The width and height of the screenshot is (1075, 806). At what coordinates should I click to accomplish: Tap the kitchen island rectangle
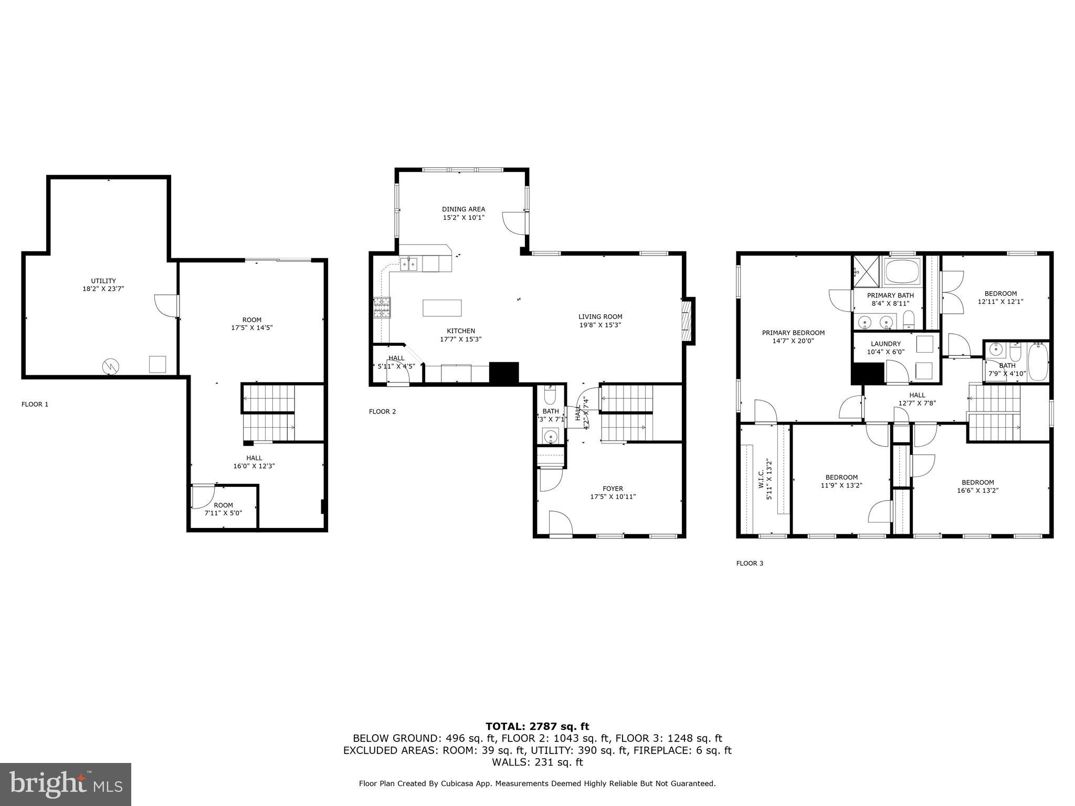(x=442, y=307)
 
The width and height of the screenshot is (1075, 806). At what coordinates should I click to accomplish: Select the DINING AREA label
(x=463, y=209)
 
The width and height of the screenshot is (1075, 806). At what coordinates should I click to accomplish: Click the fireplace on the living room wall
(x=687, y=320)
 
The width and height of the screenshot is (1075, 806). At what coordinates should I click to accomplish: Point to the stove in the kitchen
(x=382, y=307)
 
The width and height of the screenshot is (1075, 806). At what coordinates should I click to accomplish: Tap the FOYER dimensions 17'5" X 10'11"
(x=613, y=496)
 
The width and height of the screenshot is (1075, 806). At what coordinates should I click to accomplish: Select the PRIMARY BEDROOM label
(x=793, y=333)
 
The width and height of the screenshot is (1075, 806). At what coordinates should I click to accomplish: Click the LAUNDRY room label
(x=886, y=344)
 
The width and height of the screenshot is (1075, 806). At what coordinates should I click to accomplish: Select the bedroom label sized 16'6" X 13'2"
(x=977, y=483)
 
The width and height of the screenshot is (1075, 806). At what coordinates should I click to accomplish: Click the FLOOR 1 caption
(x=35, y=404)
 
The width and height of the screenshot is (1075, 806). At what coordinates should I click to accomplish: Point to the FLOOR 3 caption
(x=750, y=563)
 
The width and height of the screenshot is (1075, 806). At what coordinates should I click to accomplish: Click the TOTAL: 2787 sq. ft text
(x=537, y=726)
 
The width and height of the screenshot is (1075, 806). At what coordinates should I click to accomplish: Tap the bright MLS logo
(x=66, y=784)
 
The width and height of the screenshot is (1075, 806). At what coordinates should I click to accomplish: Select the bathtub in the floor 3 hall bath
(x=1037, y=361)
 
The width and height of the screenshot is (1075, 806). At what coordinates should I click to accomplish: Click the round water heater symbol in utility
(x=111, y=366)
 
